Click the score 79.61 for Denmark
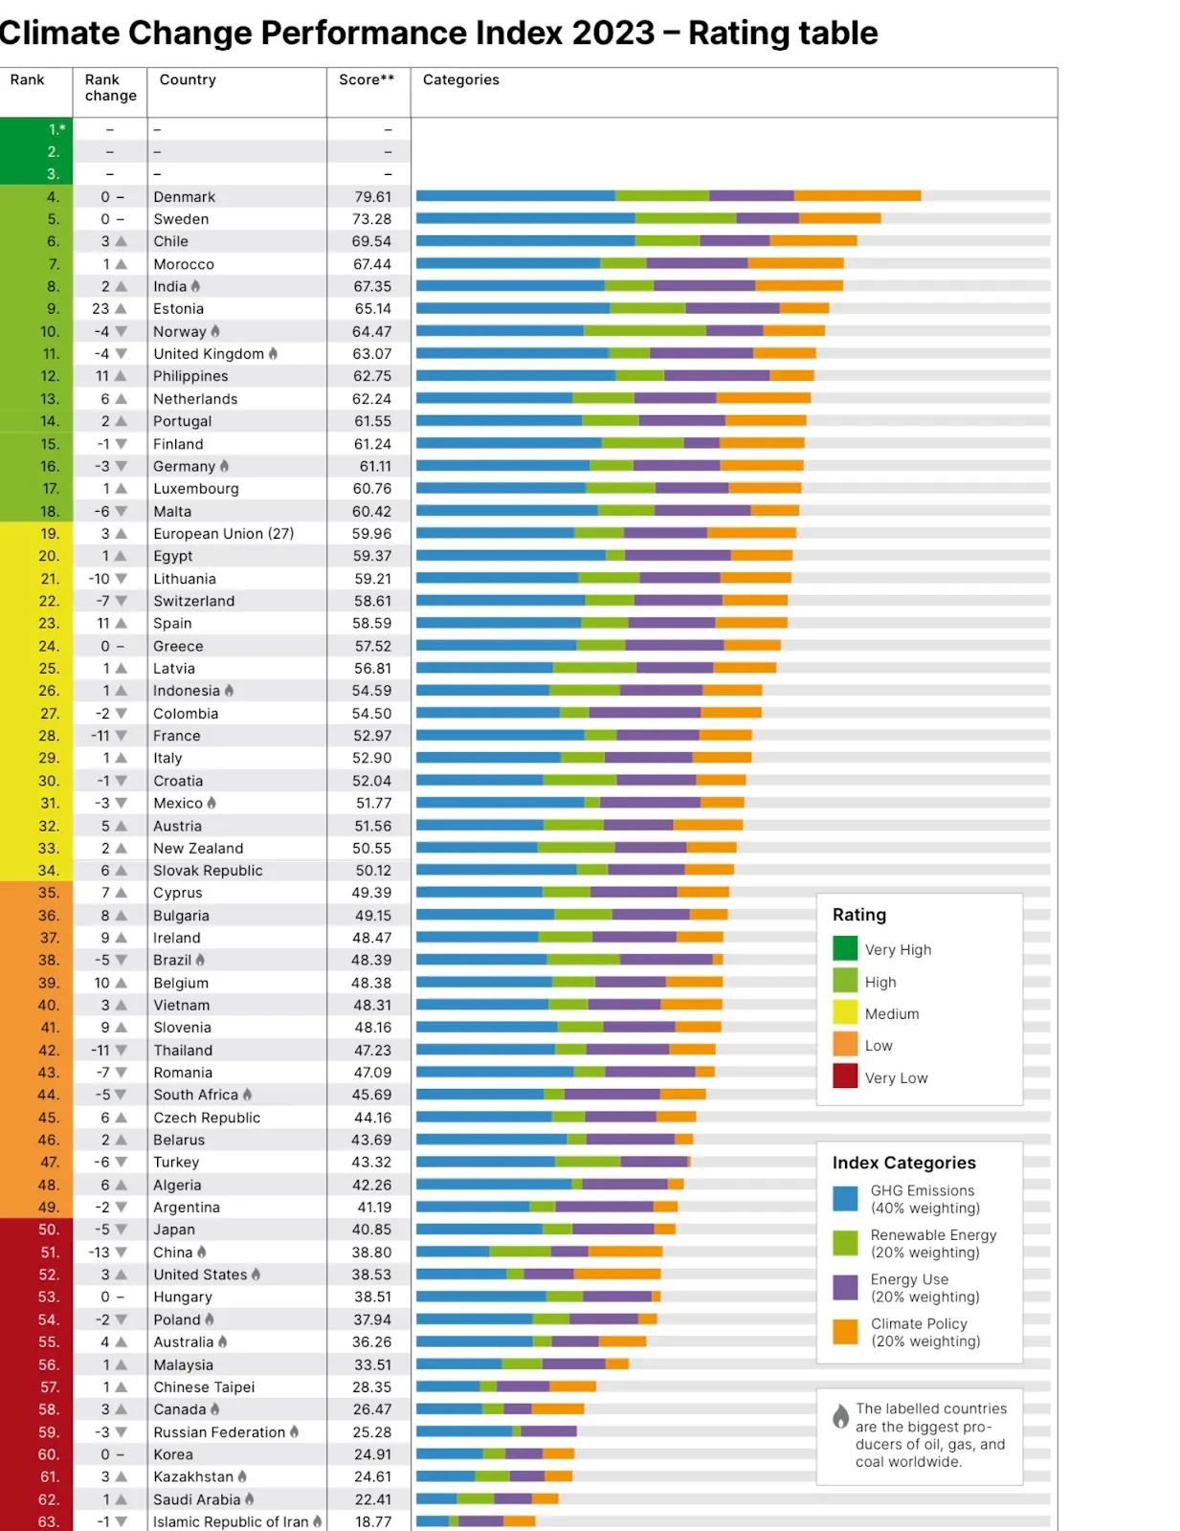pos(372,197)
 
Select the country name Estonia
pos(178,309)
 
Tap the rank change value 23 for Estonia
pos(100,309)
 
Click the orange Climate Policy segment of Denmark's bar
pos(857,196)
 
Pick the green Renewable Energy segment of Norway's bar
pos(644,331)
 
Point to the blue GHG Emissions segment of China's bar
pos(452,1252)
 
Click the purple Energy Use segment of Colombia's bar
pos(644,713)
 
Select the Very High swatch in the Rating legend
pos(845,948)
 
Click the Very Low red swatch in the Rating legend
pos(845,1076)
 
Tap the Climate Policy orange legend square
pos(845,1332)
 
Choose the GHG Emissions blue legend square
pos(845,1199)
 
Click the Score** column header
pos(367,80)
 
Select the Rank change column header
pos(110,87)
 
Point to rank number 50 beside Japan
pos(49,1230)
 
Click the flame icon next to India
pos(196,286)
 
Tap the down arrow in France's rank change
pos(122,736)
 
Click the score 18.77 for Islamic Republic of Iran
pos(372,1521)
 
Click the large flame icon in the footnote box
pos(840,1416)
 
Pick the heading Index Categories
pos(903,1163)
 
